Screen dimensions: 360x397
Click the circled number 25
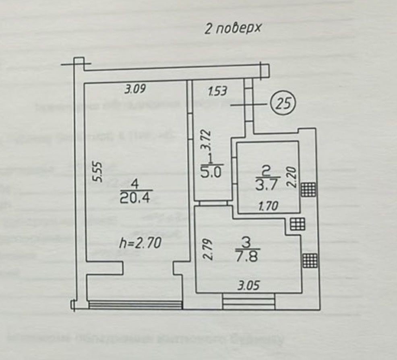[x=283, y=104]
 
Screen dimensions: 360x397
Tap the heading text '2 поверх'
[x=233, y=29]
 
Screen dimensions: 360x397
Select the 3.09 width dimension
[x=134, y=90]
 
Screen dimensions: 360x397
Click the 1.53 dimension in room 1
[x=218, y=92]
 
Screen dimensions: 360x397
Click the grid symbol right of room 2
[x=309, y=189]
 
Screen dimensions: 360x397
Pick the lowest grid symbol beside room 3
[x=309, y=260]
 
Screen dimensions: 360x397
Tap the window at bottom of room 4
[x=135, y=304]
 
